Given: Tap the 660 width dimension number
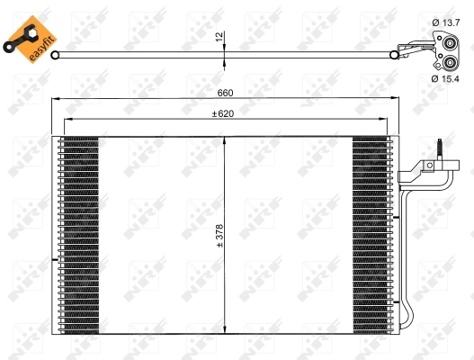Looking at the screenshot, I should [224, 94].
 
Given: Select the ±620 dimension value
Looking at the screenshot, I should [224, 114].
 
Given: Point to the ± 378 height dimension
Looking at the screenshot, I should [219, 236].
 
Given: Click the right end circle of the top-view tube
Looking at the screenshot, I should [394, 55].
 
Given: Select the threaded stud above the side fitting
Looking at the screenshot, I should [440, 146].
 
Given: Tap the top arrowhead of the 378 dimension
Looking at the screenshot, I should [224, 139].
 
